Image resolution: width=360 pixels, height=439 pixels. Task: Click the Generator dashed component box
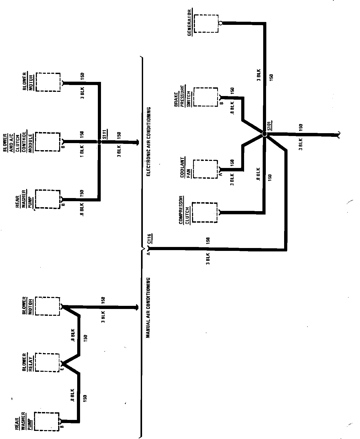click(x=206, y=23)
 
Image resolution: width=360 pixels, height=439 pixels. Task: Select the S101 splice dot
click(x=264, y=134)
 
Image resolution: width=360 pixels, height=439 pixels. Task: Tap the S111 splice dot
click(x=99, y=142)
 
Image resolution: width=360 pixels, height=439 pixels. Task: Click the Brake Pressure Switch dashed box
click(x=206, y=97)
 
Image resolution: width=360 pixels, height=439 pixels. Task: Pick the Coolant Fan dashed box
click(x=205, y=169)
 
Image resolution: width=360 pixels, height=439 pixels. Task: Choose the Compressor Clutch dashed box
click(x=205, y=212)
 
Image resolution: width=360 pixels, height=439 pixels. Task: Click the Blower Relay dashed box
click(x=47, y=362)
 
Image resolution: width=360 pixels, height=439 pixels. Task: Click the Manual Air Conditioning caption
click(x=148, y=307)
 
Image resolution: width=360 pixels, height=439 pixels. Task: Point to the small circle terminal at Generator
click(x=221, y=23)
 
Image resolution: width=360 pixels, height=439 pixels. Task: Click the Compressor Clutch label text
click(x=184, y=210)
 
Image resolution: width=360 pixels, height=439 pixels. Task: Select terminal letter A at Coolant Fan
click(x=221, y=174)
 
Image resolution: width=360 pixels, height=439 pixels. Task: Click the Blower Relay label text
click(x=27, y=362)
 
